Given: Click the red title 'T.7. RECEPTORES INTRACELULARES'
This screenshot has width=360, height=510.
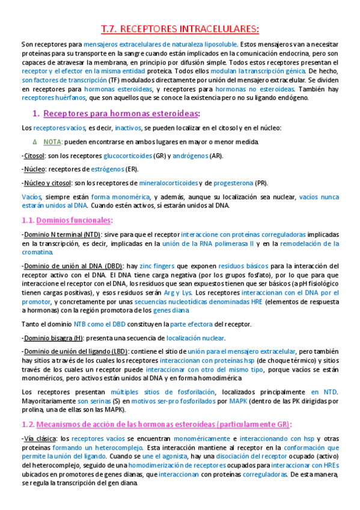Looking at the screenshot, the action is (180, 29).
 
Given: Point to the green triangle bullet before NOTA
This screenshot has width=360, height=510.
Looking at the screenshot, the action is (35, 142).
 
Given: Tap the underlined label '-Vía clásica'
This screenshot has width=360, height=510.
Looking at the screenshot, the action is (39, 423).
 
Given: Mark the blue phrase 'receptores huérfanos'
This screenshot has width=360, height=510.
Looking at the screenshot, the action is (50, 98).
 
